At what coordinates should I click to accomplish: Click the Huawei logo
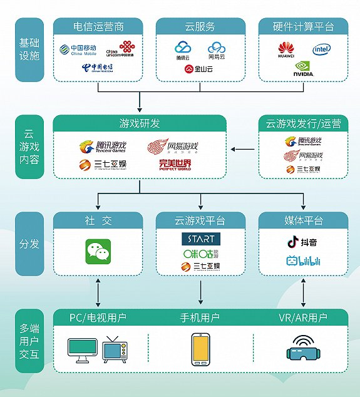(286, 50)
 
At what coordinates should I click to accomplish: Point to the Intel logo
(322, 49)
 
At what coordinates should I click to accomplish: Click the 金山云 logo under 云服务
(201, 70)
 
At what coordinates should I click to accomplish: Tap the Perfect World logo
(175, 165)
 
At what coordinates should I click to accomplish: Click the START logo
(200, 239)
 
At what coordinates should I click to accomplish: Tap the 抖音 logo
(303, 241)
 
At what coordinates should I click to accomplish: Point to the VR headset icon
(304, 348)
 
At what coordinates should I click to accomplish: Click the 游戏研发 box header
(139, 124)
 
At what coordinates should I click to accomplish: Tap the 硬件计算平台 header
(303, 28)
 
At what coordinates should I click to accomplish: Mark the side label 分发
(29, 243)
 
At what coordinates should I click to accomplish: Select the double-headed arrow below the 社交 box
(97, 290)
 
